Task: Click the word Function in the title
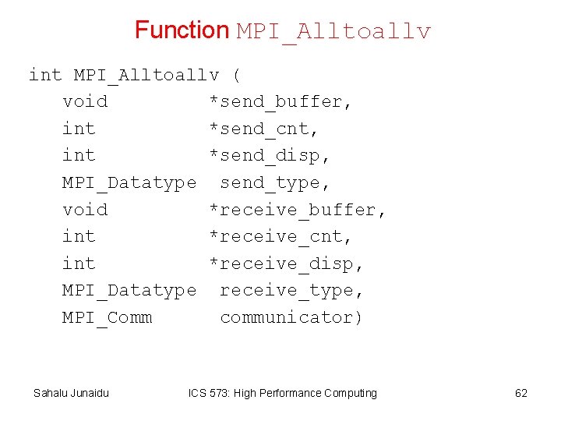click(x=182, y=30)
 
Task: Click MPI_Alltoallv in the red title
click(x=333, y=32)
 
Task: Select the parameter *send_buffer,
click(x=280, y=102)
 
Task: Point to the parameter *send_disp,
click(x=270, y=156)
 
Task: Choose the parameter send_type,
click(x=276, y=183)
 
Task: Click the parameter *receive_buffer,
click(x=298, y=210)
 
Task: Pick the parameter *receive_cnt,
click(x=280, y=236)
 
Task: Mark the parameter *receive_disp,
click(x=287, y=264)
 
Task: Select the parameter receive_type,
click(x=292, y=291)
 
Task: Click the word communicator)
click(x=292, y=317)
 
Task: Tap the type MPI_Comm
click(x=108, y=318)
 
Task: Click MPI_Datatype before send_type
click(x=129, y=183)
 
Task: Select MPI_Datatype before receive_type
click(x=129, y=291)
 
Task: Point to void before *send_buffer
click(x=85, y=102)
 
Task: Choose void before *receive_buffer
click(x=85, y=210)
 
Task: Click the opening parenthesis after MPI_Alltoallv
click(x=237, y=76)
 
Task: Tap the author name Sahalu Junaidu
click(x=71, y=393)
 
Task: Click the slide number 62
click(x=521, y=393)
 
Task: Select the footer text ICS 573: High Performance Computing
click(x=283, y=393)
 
